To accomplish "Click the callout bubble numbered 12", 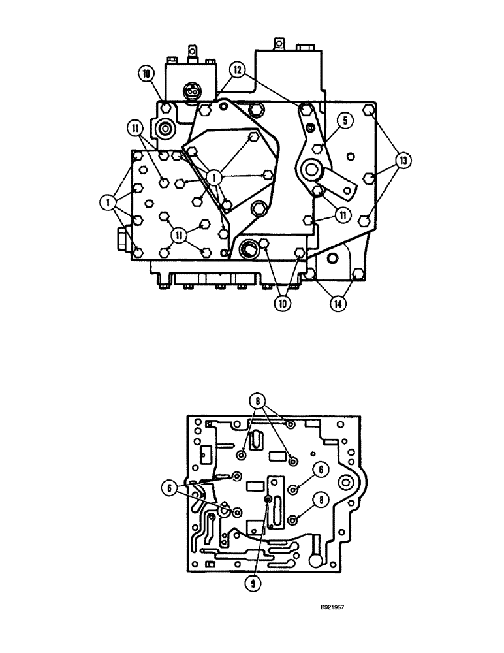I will pyautogui.click(x=236, y=68).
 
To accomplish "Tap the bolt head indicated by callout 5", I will pyautogui.click(x=318, y=149).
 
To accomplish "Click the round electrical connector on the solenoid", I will pyautogui.click(x=192, y=93).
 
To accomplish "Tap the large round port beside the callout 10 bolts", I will pyautogui.click(x=249, y=248).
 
